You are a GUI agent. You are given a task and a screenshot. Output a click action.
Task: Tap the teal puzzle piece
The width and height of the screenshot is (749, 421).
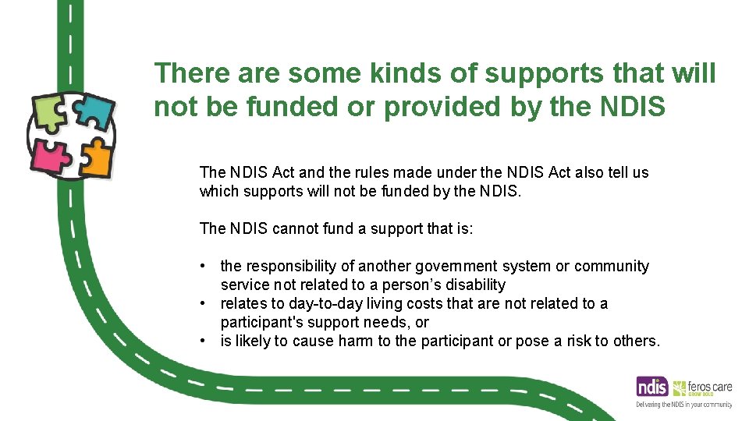pyautogui.click(x=93, y=113)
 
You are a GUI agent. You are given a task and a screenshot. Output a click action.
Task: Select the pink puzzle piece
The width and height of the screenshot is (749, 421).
pyautogui.click(x=49, y=156)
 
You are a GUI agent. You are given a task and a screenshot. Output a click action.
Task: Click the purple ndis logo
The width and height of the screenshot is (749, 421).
pyautogui.click(x=652, y=387)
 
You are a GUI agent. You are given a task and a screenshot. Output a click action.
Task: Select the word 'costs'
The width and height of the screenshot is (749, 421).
pyautogui.click(x=405, y=303)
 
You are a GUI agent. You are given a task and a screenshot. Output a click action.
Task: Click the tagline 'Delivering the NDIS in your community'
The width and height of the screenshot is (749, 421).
pyautogui.click(x=683, y=405)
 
